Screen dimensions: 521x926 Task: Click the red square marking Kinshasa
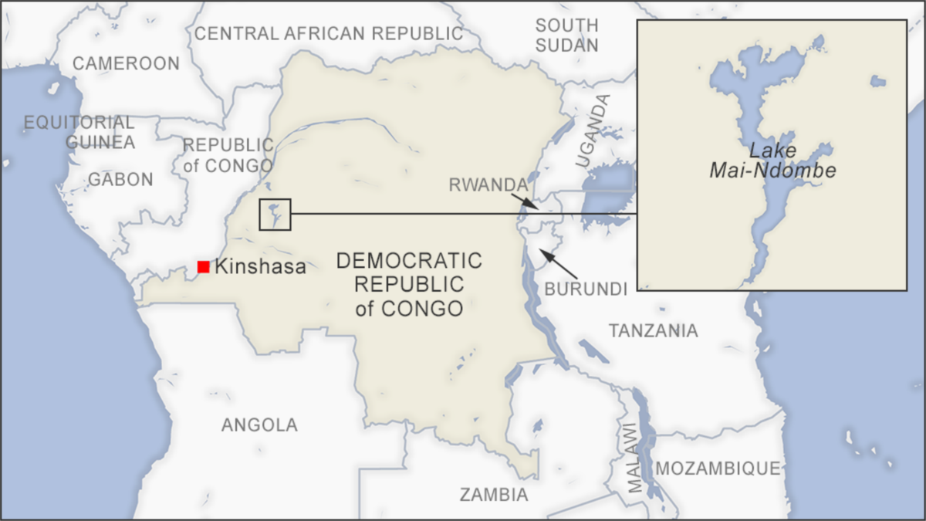[203, 266]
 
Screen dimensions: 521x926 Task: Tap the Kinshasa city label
[260, 267]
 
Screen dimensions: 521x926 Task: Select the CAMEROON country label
[126, 63]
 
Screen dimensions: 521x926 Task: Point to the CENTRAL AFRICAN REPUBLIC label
[329, 33]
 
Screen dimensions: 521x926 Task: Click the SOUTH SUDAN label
[567, 35]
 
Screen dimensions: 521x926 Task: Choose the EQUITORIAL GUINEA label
[79, 132]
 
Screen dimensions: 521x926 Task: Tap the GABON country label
[120, 179]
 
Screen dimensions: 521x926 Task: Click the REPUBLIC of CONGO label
[228, 155]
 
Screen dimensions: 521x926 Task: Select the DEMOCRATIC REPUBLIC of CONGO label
[409, 284]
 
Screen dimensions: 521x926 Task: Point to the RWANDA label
[488, 184]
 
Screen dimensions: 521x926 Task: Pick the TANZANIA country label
[653, 330]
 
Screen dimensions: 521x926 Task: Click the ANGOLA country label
[259, 425]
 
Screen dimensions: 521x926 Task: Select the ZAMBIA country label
[494, 495]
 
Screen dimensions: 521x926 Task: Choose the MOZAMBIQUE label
[718, 468]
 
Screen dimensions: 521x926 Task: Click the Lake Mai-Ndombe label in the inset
[772, 161]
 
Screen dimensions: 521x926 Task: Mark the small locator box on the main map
[275, 214]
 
